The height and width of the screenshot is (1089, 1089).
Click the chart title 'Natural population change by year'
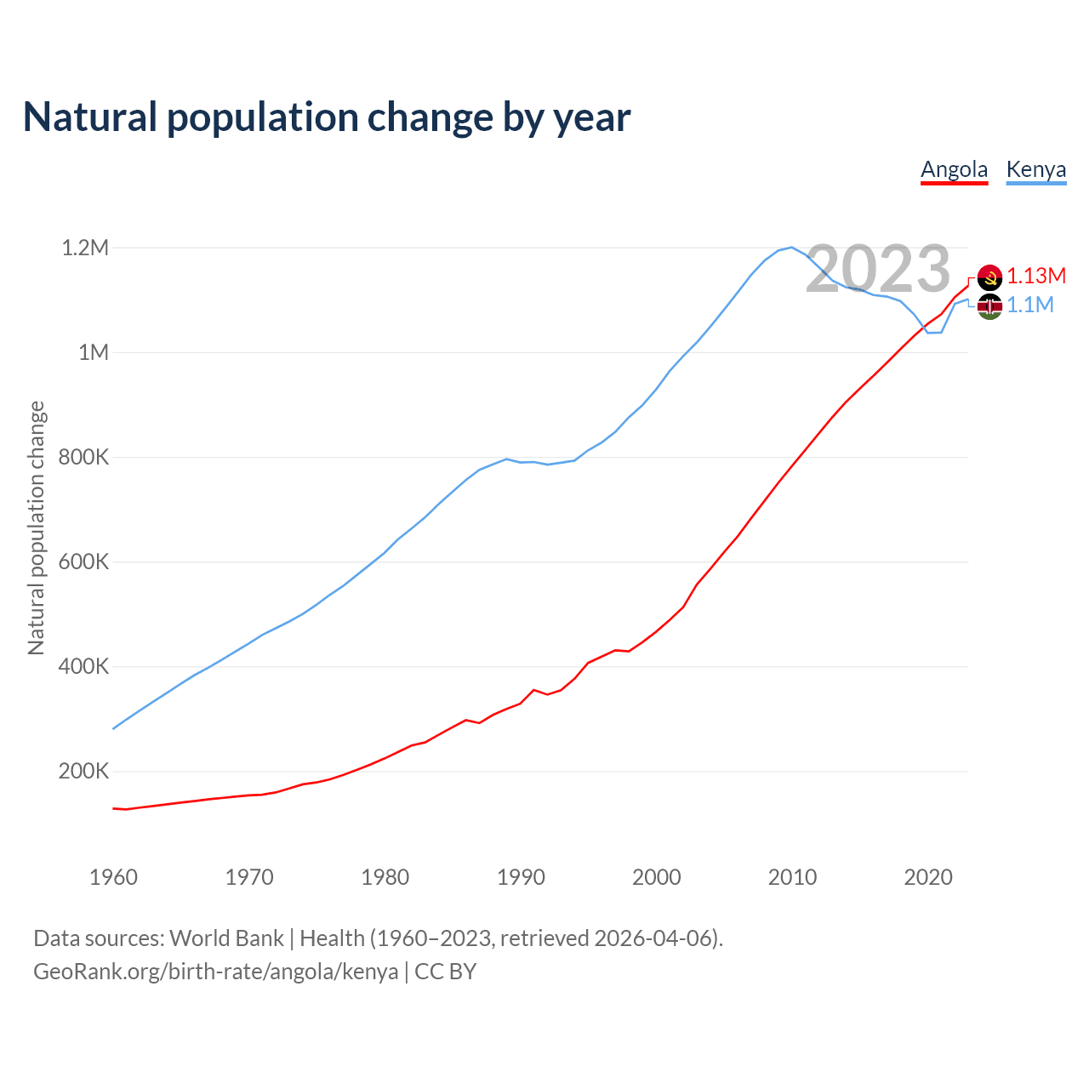327,117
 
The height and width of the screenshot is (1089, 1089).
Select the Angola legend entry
954,169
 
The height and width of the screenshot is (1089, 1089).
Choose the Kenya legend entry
1035,169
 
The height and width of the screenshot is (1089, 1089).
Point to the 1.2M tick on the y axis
85,248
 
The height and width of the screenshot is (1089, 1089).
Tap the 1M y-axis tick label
94,352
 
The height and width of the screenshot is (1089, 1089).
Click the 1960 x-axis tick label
113,877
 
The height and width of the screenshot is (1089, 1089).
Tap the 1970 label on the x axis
249,877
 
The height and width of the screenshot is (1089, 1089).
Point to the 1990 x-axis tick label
521,877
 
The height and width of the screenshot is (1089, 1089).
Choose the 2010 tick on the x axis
792,877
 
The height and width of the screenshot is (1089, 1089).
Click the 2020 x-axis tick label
928,877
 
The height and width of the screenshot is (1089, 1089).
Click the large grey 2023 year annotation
878,269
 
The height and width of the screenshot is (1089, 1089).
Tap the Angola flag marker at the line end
989,277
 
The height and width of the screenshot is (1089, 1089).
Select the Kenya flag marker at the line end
989,306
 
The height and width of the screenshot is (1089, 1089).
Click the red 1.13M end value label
1036,276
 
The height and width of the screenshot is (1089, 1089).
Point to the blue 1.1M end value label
1030,305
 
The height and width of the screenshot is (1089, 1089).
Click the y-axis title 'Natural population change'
37,528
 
